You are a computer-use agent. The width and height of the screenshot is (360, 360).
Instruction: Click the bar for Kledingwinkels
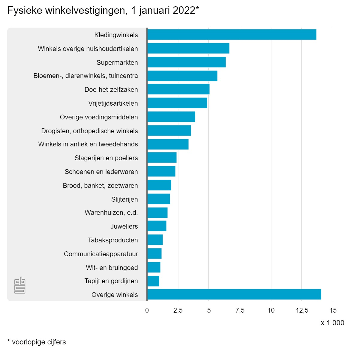pyautogui.click(x=232, y=35)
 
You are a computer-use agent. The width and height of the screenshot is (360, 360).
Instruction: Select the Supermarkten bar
pyautogui.click(x=186, y=62)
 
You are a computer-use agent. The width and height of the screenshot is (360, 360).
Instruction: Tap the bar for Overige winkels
pyautogui.click(x=234, y=294)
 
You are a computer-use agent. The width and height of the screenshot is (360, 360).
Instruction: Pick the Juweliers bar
pyautogui.click(x=157, y=226)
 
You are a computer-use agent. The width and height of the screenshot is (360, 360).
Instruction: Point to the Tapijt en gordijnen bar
pyautogui.click(x=153, y=281)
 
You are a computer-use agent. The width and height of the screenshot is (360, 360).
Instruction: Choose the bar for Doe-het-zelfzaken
pyautogui.click(x=178, y=89)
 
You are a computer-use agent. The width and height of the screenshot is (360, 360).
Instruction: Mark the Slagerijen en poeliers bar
pyautogui.click(x=162, y=157)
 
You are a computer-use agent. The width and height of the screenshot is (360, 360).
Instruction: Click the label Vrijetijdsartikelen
pyautogui.click(x=113, y=103)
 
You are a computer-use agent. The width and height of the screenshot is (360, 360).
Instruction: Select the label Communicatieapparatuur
pyautogui.click(x=101, y=254)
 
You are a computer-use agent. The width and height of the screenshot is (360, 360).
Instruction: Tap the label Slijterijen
pyautogui.click(x=124, y=199)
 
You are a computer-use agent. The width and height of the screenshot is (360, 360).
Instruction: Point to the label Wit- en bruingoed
pyautogui.click(x=112, y=268)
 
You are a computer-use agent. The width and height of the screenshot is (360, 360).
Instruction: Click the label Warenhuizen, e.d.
pyautogui.click(x=111, y=213)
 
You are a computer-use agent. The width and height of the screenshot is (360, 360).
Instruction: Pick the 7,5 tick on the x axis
pyautogui.click(x=240, y=310)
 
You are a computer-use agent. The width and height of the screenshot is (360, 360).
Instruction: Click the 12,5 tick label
pyautogui.click(x=302, y=310)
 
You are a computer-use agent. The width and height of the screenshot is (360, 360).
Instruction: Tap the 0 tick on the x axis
pyautogui.click(x=147, y=310)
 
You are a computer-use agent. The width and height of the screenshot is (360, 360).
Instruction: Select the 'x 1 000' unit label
pyautogui.click(x=332, y=323)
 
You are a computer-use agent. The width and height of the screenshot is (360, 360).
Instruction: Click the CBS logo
pyautogui.click(x=20, y=285)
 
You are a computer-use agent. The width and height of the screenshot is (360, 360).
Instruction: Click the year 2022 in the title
pyautogui.click(x=182, y=11)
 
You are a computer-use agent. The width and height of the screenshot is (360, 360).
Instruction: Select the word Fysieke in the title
pyautogui.click(x=25, y=11)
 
